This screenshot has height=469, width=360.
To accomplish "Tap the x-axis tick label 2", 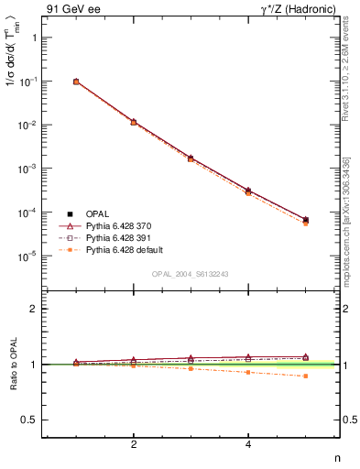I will click(x=134, y=446).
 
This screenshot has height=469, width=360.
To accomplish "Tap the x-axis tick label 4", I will click(x=248, y=446).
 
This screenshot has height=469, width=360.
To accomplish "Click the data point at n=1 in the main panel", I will click(x=76, y=82).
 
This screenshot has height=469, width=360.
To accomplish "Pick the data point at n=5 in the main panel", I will click(x=305, y=220).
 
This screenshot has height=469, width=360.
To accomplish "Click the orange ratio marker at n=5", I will click(x=305, y=376).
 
